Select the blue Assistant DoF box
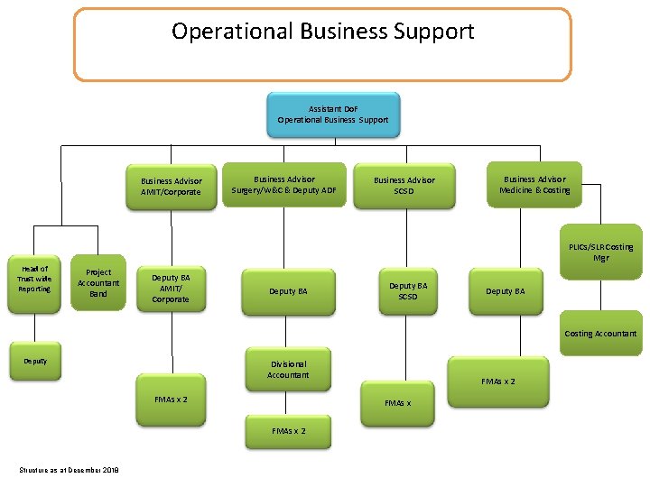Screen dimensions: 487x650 click(333, 114)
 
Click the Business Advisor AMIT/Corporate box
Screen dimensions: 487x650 click(171, 187)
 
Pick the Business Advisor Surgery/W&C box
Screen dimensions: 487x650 click(284, 185)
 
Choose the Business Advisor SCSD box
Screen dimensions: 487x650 click(404, 186)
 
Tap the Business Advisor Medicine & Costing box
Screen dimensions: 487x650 click(534, 185)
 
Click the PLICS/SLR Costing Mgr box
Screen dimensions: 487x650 click(600, 252)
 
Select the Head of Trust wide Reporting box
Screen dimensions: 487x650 click(34, 278)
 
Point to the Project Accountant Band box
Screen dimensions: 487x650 click(98, 283)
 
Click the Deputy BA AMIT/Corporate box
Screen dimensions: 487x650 click(171, 288)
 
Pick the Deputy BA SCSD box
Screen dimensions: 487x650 click(408, 290)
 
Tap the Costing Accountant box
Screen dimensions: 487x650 click(600, 334)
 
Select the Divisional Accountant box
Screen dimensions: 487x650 click(288, 369)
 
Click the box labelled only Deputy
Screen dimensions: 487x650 click(35, 361)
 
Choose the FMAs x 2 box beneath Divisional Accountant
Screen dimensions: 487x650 click(289, 431)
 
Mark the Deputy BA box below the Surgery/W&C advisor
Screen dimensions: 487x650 click(288, 291)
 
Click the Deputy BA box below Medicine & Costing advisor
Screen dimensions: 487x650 click(505, 291)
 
